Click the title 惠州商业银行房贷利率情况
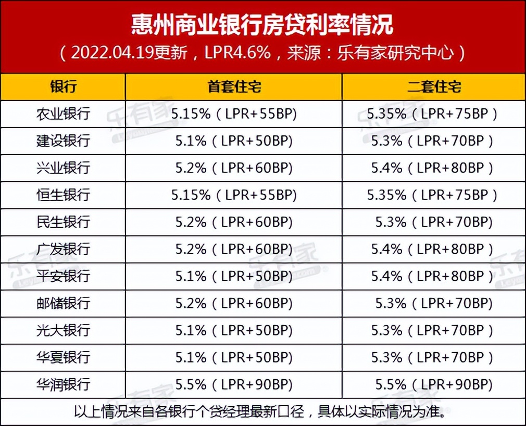pos(262,25)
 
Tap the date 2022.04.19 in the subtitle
pos(106,53)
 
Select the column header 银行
pos(63,87)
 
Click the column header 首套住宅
pos(234,87)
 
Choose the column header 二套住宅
pos(434,87)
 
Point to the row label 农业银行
pos(63,114)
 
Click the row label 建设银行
pos(63,141)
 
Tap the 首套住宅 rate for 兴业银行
pos(234,168)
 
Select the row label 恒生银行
pos(63,195)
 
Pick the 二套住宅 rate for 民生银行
pos(434,222)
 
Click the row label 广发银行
pos(63,249)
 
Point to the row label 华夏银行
pos(63,358)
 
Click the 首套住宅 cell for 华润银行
pos(234,385)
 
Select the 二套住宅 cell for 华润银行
pos(434,385)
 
